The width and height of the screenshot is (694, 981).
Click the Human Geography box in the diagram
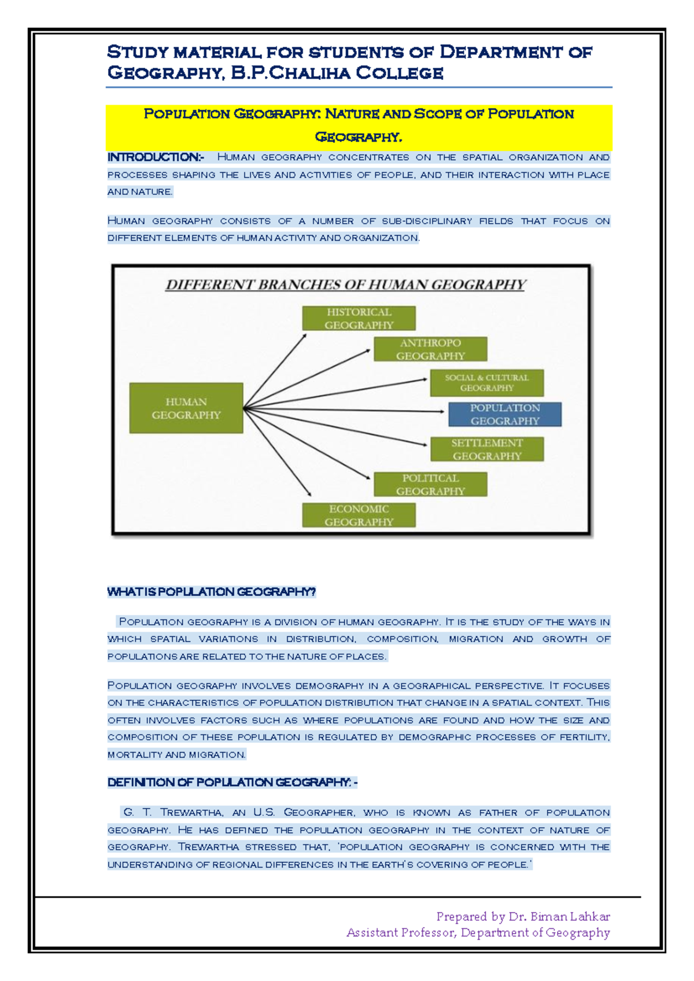(186, 408)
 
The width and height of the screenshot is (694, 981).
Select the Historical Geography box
(359, 318)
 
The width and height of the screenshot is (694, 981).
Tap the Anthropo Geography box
(430, 349)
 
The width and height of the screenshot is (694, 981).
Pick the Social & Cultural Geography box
(486, 383)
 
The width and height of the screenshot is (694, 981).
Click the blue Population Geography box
(504, 414)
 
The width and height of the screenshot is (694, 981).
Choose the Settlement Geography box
(486, 449)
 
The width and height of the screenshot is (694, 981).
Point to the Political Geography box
(430, 485)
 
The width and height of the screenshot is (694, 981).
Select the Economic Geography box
(359, 515)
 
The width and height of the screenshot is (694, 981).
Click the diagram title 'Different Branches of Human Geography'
(345, 285)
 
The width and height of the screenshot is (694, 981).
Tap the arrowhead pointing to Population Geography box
(442, 411)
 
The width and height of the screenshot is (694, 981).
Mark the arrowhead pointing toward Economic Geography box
(309, 493)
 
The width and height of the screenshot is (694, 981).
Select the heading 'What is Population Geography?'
(212, 592)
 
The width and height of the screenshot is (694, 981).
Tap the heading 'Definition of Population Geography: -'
(232, 783)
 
